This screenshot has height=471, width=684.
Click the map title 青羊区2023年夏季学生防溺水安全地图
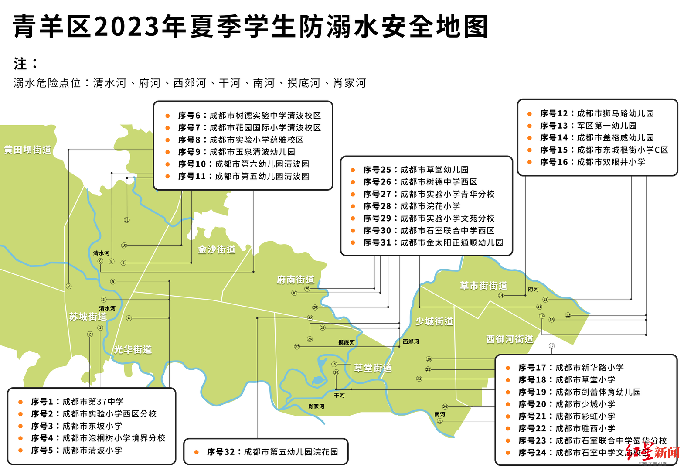(x=250, y=26)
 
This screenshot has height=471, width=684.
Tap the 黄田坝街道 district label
(x=27, y=150)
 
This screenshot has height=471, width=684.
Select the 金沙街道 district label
(x=217, y=249)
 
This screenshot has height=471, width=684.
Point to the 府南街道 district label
(x=296, y=280)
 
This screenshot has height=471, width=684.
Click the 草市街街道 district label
(x=483, y=286)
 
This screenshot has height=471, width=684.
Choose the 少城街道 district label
(x=434, y=321)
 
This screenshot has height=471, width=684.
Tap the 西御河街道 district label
(x=510, y=339)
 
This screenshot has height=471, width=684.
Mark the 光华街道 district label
(x=133, y=349)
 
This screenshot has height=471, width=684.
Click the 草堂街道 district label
(x=373, y=368)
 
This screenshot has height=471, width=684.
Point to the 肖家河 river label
(x=316, y=406)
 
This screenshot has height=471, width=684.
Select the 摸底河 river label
(x=347, y=342)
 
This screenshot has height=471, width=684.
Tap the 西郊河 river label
(x=411, y=341)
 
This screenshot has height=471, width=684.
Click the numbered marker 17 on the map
(x=551, y=346)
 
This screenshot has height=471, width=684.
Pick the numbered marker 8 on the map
(x=68, y=286)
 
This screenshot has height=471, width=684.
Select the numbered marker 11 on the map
(x=127, y=220)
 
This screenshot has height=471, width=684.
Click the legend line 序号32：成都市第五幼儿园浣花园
(x=272, y=452)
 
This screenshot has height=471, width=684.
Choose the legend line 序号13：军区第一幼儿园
(x=588, y=126)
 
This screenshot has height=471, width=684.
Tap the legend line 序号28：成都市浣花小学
(x=412, y=206)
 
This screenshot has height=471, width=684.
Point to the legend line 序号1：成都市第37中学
(x=77, y=401)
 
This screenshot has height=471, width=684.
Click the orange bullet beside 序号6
(x=167, y=116)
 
